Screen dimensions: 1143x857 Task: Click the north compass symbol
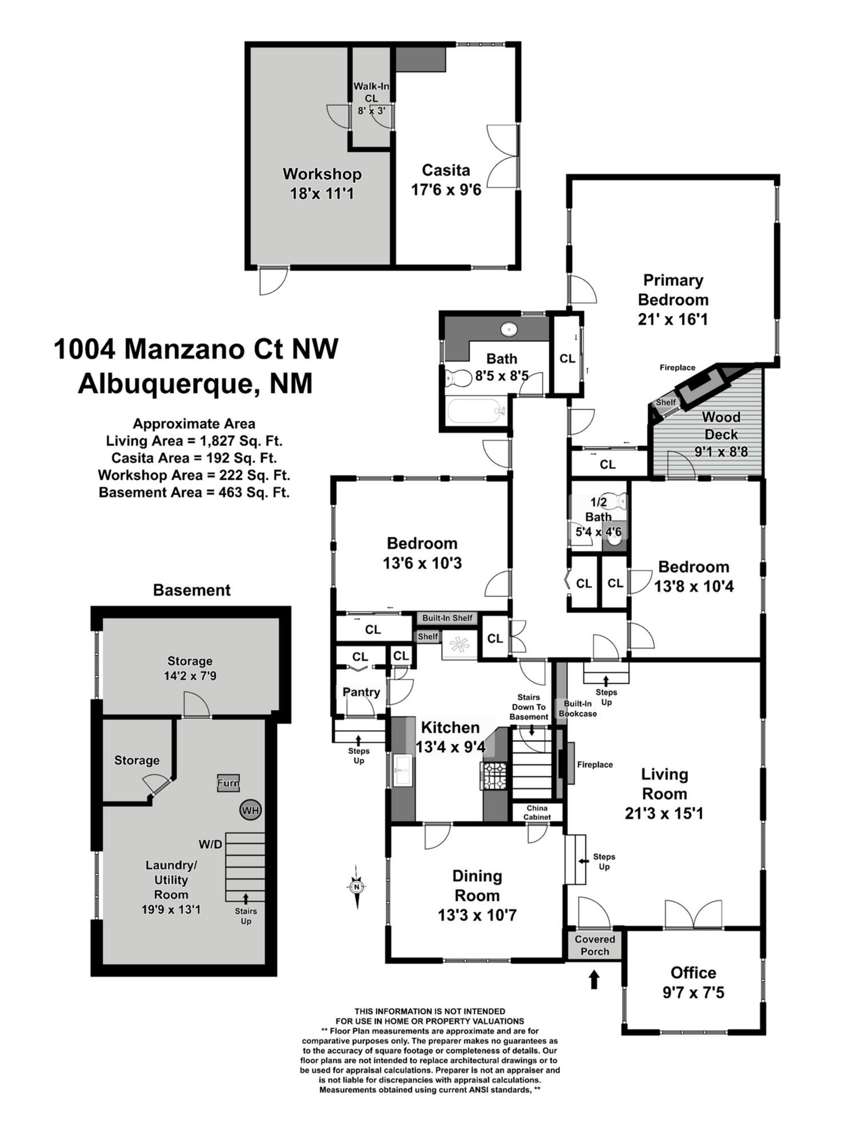(x=357, y=886)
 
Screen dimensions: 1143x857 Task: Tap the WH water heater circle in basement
(x=250, y=810)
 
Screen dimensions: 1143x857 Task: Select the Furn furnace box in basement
(x=228, y=783)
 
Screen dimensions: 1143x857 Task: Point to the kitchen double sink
(x=403, y=770)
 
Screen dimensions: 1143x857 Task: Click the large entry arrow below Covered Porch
(x=594, y=980)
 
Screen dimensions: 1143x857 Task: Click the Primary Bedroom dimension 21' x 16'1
(x=672, y=319)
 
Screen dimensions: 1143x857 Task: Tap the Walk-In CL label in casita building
(x=371, y=92)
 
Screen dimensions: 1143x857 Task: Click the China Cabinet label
(x=537, y=812)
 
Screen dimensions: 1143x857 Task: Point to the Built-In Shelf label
(x=447, y=618)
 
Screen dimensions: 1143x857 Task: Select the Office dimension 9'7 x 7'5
(x=693, y=993)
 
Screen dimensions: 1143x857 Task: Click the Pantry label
(x=361, y=692)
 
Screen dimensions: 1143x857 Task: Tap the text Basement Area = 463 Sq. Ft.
(x=194, y=492)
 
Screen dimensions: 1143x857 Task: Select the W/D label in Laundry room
(x=210, y=844)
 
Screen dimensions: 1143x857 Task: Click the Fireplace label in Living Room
(x=595, y=765)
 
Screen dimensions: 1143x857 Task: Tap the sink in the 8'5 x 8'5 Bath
(x=508, y=330)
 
